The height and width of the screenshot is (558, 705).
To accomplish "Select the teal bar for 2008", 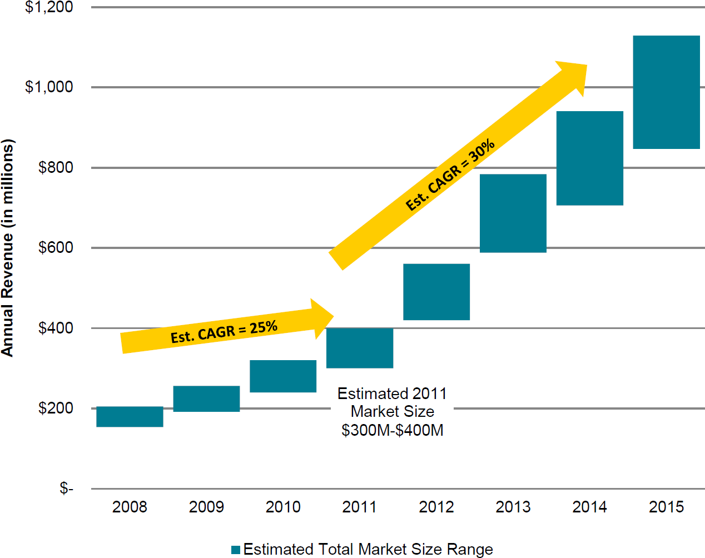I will pyautogui.click(x=130, y=416).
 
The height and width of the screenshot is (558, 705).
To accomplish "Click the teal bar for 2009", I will pyautogui.click(x=206, y=398).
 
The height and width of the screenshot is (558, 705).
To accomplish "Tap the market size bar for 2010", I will pyautogui.click(x=283, y=376).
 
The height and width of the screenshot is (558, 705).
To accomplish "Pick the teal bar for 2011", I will pyautogui.click(x=360, y=348).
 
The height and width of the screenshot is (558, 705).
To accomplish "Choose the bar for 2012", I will pyautogui.click(x=436, y=292).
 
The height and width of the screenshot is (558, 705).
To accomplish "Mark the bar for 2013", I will pyautogui.click(x=513, y=213).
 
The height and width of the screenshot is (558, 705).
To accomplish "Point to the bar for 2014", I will pyautogui.click(x=590, y=158).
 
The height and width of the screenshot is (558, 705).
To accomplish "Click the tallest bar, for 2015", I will pyautogui.click(x=666, y=92).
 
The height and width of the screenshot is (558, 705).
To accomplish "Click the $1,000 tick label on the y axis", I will pyautogui.click(x=49, y=87).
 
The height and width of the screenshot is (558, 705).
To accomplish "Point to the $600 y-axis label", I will pyautogui.click(x=56, y=247).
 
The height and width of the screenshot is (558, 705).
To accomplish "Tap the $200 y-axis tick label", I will pyautogui.click(x=56, y=408).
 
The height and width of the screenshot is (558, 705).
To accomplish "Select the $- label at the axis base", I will pyautogui.click(x=66, y=488).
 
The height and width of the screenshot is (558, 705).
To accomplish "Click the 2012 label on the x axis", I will pyautogui.click(x=436, y=507).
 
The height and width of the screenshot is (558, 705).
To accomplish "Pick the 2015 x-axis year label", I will pyautogui.click(x=666, y=507).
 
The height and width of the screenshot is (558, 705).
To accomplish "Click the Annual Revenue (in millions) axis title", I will pyautogui.click(x=7, y=247).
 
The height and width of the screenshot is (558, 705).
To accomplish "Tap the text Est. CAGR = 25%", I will pyautogui.click(x=224, y=332).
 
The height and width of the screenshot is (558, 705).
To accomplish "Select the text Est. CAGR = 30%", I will pyautogui.click(x=450, y=175).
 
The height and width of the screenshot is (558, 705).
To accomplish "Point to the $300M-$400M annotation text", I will pyautogui.click(x=393, y=430).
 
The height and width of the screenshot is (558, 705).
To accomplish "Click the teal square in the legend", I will pyautogui.click(x=236, y=550).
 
